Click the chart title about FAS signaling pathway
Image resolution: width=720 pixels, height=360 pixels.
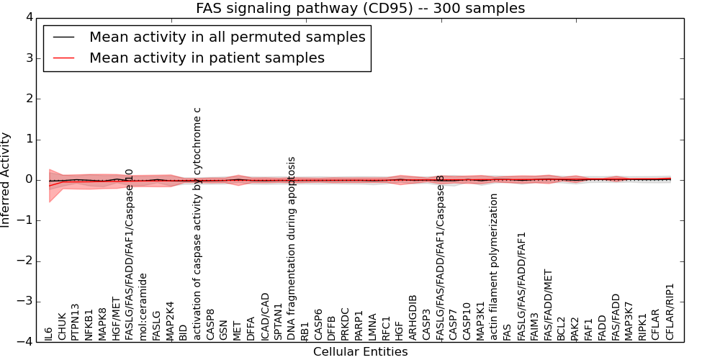(x=360, y=9)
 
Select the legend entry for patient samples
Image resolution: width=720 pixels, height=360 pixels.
(x=207, y=58)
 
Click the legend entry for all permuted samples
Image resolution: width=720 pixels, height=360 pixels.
(x=227, y=37)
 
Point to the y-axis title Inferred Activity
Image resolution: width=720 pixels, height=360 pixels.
(x=6, y=179)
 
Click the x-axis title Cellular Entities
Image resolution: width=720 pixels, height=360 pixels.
(x=360, y=352)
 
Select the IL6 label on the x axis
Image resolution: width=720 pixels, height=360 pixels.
(x=48, y=333)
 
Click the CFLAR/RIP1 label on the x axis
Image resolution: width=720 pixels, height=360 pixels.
(x=670, y=312)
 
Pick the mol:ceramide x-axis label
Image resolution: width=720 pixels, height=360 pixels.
(x=143, y=307)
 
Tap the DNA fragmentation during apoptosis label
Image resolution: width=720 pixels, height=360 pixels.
(x=292, y=248)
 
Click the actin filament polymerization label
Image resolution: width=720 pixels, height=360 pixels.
(x=495, y=267)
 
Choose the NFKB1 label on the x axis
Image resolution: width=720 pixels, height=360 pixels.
(x=89, y=325)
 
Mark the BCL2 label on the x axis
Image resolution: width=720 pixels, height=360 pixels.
(x=562, y=328)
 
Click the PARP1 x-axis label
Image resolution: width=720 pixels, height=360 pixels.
(x=359, y=326)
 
